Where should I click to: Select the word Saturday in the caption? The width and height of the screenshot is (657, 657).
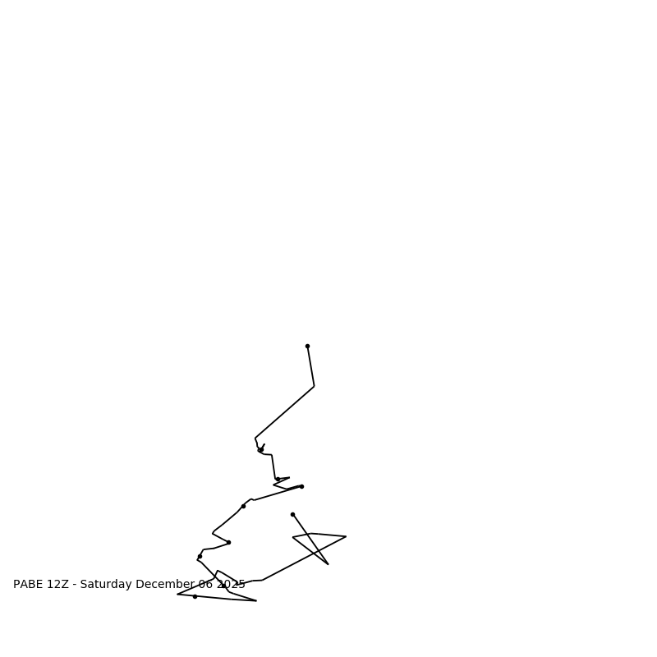point(106,585)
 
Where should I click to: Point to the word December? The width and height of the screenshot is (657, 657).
point(165,585)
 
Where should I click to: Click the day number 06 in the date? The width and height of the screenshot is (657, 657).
point(205,585)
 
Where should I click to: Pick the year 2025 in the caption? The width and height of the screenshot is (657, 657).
point(231,585)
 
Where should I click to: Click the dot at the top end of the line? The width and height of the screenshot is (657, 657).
point(307,346)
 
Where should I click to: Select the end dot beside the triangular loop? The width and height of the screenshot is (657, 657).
point(292,514)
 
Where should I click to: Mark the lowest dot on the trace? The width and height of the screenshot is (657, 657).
point(195,596)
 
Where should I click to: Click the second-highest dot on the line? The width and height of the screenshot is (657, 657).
point(261,449)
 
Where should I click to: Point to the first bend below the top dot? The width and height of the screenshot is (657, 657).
point(314,386)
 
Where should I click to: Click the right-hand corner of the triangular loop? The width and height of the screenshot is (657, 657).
point(346,536)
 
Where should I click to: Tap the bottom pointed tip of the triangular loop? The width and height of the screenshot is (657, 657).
point(328,564)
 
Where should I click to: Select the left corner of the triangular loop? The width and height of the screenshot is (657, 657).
point(293,537)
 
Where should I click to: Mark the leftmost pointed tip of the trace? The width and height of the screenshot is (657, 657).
point(177,594)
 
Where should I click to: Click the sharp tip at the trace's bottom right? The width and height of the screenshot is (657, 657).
point(256,601)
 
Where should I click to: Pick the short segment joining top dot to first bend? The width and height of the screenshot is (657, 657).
point(310,366)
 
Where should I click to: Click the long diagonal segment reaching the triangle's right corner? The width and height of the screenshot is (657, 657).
point(304,558)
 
